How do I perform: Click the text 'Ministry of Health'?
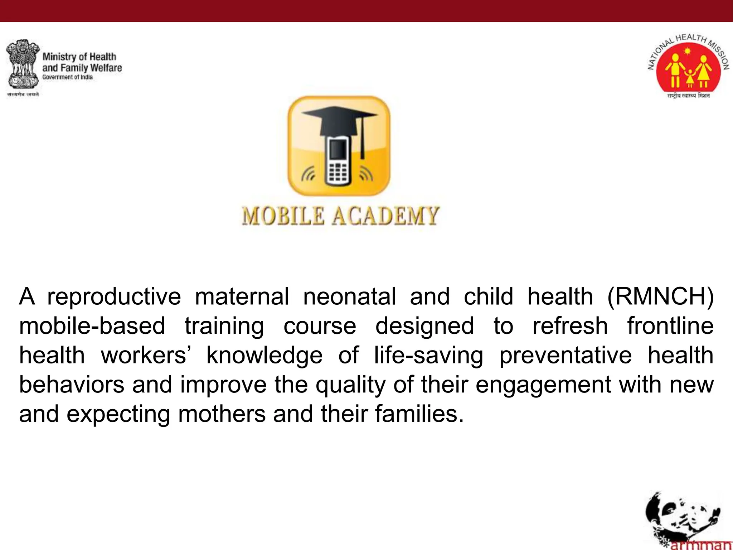click(x=79, y=57)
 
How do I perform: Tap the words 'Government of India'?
click(x=67, y=77)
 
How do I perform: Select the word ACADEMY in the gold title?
click(x=385, y=216)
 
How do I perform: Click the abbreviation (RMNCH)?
click(x=660, y=297)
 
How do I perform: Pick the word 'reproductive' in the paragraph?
click(x=114, y=297)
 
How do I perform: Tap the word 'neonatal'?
click(x=349, y=297)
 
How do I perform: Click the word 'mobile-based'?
click(x=92, y=326)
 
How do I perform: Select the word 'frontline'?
click(x=670, y=326)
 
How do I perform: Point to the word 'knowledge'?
click(x=264, y=356)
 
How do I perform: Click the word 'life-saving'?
click(x=428, y=356)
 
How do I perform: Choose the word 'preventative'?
click(x=565, y=356)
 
